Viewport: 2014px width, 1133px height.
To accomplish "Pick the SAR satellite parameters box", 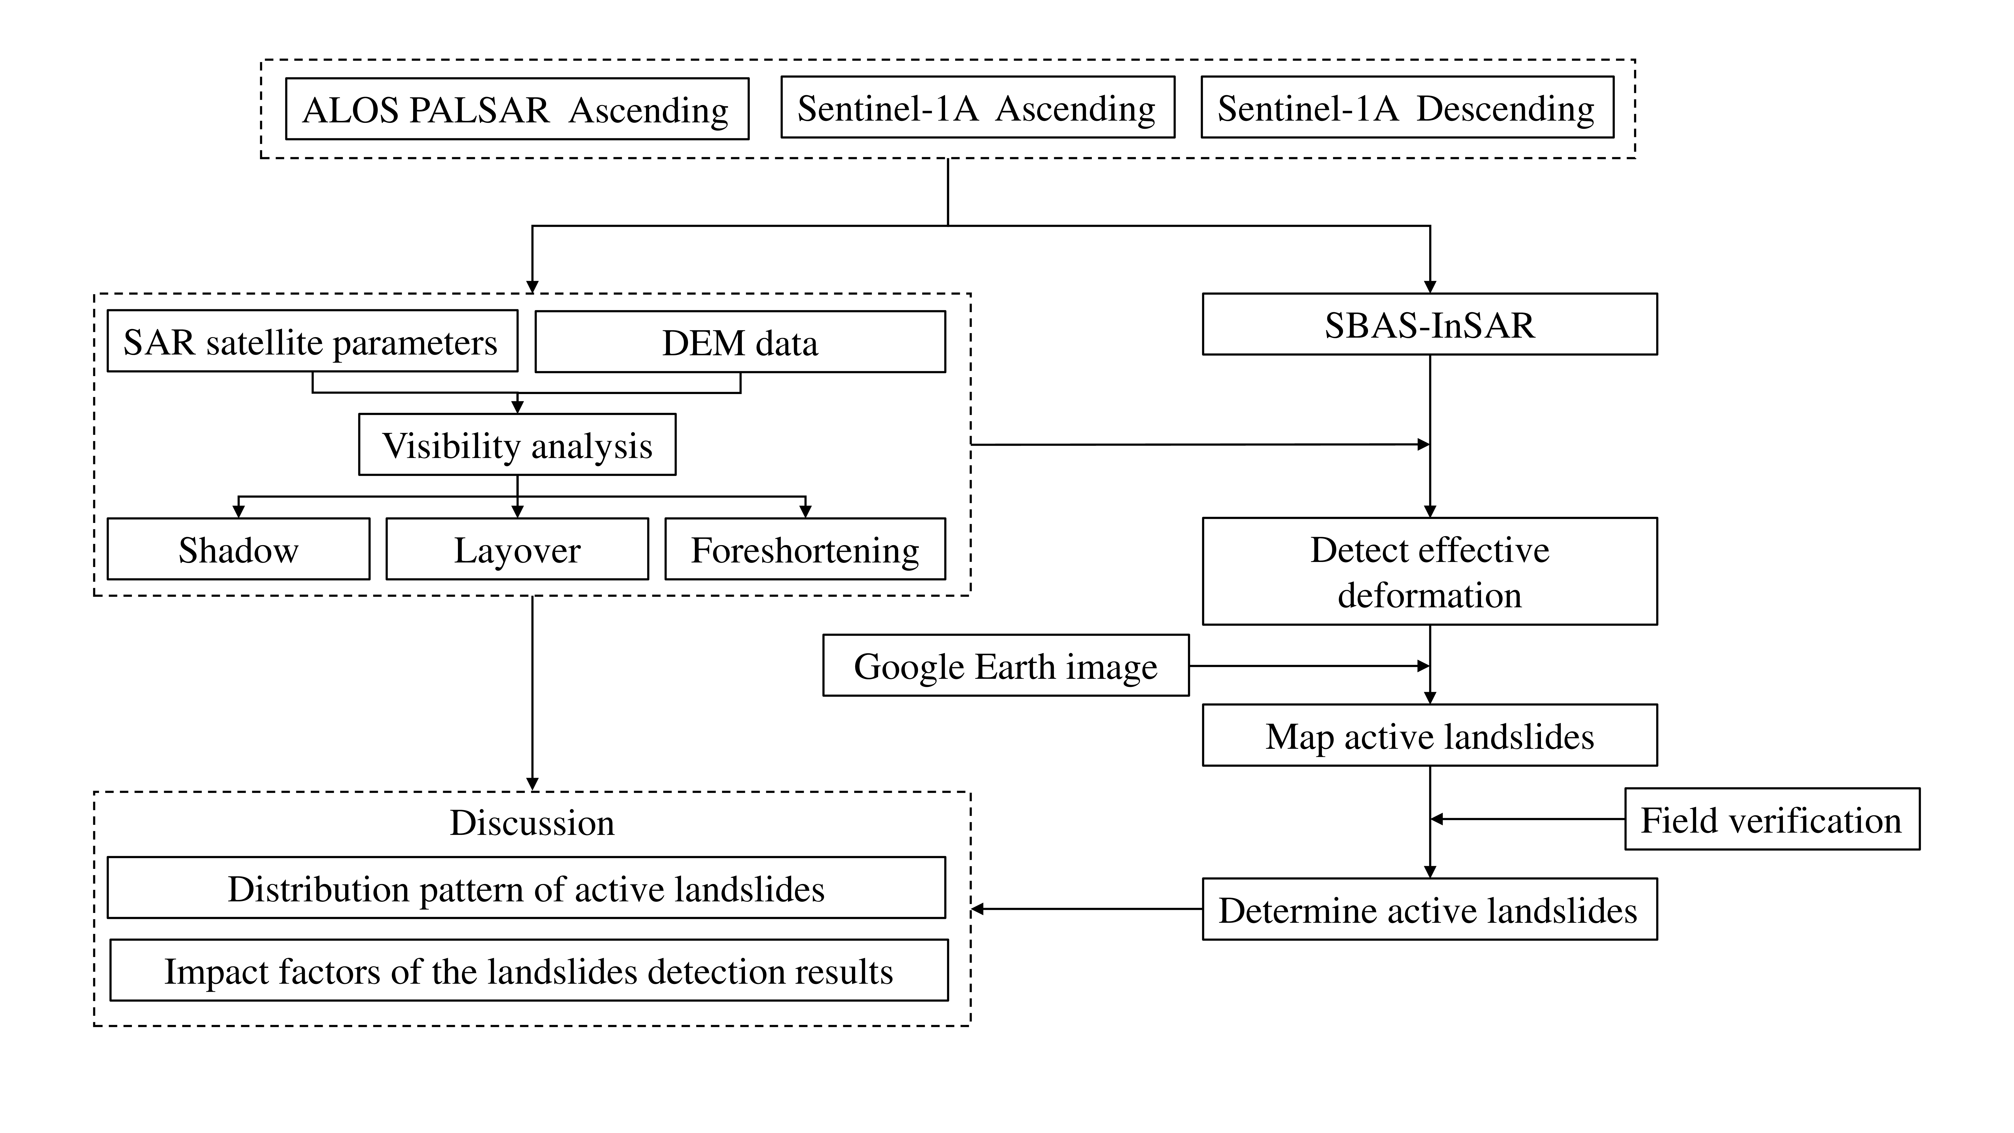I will [x=312, y=342].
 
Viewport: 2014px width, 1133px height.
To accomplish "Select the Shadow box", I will [x=238, y=549].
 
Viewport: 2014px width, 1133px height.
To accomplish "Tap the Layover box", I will [x=517, y=549].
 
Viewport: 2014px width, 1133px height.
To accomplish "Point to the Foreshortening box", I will [x=805, y=549].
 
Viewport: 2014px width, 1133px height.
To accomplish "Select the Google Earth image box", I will [x=1005, y=665].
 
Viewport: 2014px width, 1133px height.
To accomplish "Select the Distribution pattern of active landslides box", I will [x=526, y=888].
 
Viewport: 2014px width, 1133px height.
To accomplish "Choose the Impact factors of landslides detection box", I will [x=528, y=970].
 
